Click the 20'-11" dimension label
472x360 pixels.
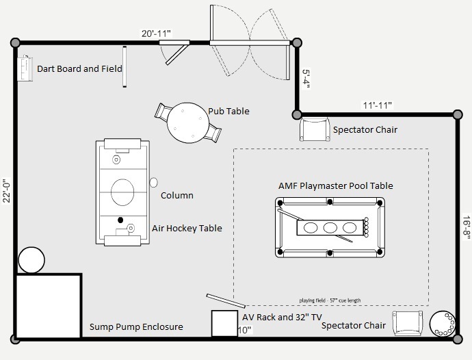tap(157, 34)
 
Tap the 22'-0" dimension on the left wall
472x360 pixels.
tap(7, 191)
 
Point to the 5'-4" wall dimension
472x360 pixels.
tap(306, 79)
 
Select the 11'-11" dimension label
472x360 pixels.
tap(378, 105)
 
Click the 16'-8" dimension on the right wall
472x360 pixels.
tap(467, 227)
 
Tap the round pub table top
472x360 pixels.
tap(188, 123)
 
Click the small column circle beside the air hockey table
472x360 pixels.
tap(153, 183)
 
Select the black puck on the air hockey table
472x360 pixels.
tap(120, 220)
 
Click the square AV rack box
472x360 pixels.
tap(224, 323)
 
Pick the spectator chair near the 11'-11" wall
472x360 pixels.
tap(314, 129)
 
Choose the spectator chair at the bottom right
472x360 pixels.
tap(408, 323)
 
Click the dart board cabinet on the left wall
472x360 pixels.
tap(25, 68)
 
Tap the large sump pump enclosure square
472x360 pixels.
tap(49, 306)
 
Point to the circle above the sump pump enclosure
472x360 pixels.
tap(31, 260)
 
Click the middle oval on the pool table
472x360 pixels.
tap(330, 227)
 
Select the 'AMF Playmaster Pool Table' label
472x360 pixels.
tap(336, 185)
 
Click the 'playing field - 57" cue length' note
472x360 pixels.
tap(330, 300)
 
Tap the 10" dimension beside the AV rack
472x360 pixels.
tap(244, 331)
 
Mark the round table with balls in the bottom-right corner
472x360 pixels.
tap(443, 323)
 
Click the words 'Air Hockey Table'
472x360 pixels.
tap(187, 229)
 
